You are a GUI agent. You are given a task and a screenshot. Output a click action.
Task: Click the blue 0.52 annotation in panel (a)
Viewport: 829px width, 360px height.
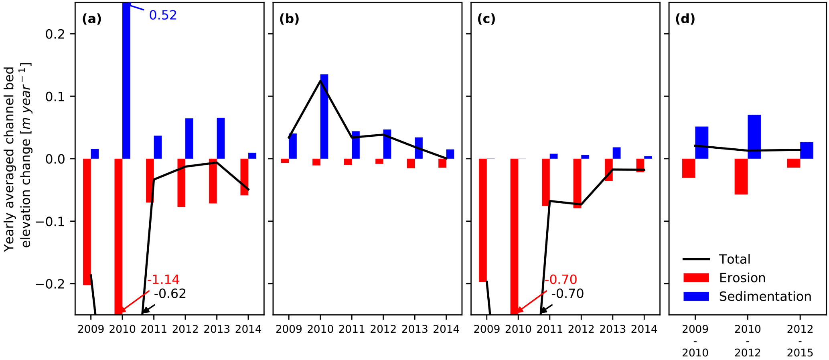[x=163, y=15]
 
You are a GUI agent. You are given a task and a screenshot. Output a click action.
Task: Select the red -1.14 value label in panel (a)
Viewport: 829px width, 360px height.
[x=163, y=279]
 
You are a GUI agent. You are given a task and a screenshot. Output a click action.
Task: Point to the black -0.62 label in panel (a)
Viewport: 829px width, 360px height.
[x=170, y=294]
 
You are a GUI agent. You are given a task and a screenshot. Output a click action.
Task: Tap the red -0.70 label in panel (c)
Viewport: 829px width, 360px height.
[x=561, y=279]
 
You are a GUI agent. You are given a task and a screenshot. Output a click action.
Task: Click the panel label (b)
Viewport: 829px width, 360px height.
[x=289, y=19]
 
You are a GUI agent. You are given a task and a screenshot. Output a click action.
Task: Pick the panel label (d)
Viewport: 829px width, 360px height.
[x=685, y=19]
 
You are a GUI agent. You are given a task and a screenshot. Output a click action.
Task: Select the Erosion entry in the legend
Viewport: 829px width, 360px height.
[x=742, y=278]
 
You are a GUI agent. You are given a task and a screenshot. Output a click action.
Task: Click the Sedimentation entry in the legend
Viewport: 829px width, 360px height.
[x=765, y=296]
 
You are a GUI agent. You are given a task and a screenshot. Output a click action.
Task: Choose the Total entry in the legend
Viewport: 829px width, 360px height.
[x=734, y=259]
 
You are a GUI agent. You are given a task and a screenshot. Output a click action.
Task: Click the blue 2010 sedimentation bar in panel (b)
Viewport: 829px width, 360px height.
[x=324, y=116]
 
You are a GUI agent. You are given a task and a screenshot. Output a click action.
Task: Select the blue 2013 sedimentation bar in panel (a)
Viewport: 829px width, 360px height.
[x=221, y=138]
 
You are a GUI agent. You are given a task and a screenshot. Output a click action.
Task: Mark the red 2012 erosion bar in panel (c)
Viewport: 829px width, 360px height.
[x=577, y=183]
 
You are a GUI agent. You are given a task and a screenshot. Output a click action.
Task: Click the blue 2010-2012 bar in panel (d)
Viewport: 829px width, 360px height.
[x=754, y=137]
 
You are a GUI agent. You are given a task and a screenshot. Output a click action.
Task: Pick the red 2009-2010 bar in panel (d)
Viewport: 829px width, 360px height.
[x=689, y=168]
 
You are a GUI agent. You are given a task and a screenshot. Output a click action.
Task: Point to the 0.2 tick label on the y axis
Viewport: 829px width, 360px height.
[x=55, y=34]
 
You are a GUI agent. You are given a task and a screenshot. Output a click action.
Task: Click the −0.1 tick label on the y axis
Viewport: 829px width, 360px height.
[x=51, y=221]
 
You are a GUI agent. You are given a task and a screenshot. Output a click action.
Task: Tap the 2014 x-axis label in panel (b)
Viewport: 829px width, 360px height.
[x=446, y=330]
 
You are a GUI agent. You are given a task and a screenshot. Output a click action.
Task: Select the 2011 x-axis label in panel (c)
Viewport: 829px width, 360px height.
[x=549, y=330]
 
